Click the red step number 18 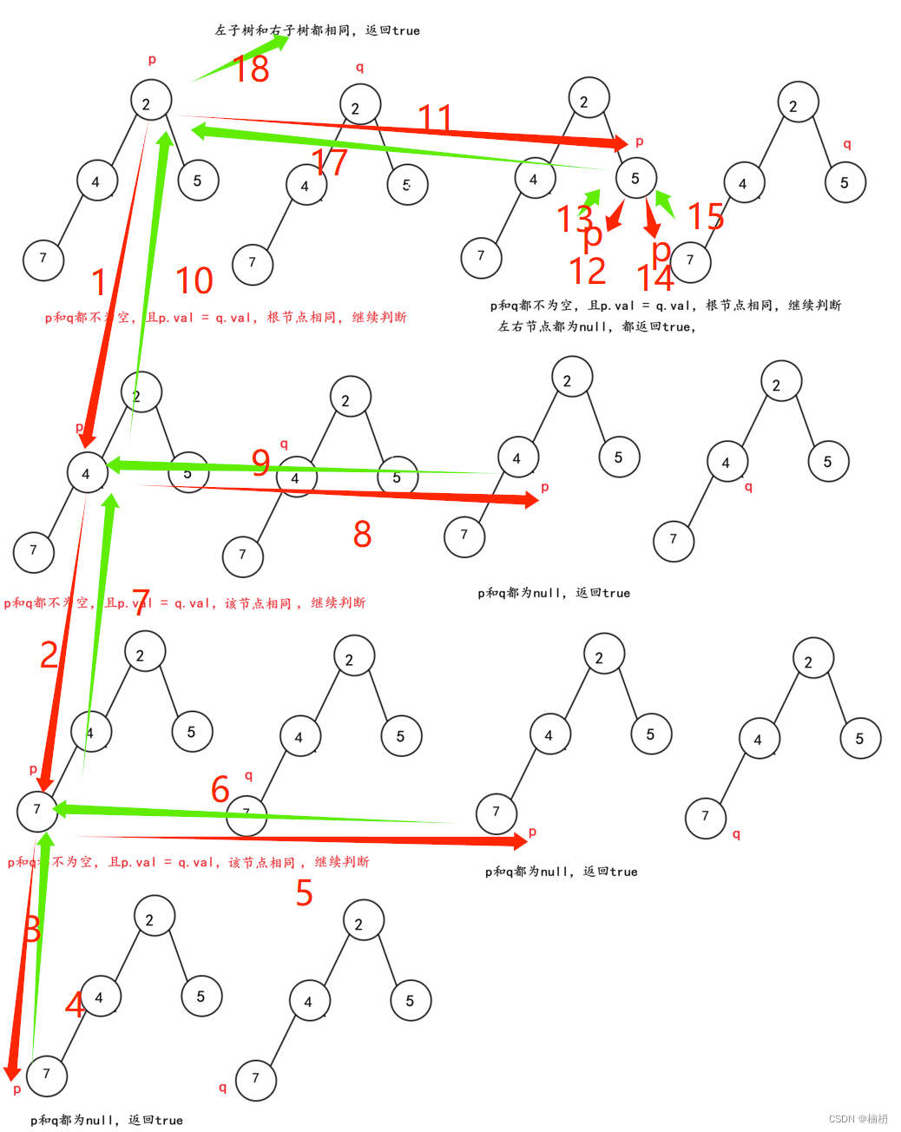pyautogui.click(x=252, y=69)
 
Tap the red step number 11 pyautogui.click(x=435, y=118)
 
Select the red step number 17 pyautogui.click(x=330, y=162)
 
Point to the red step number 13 pyautogui.click(x=574, y=219)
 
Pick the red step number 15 pyautogui.click(x=706, y=217)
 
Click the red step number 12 pyautogui.click(x=588, y=272)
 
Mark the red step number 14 pyautogui.click(x=655, y=279)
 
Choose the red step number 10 pyautogui.click(x=194, y=281)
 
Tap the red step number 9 pyautogui.click(x=260, y=463)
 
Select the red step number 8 pyautogui.click(x=363, y=535)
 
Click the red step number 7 pyautogui.click(x=141, y=602)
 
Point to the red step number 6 pyautogui.click(x=220, y=790)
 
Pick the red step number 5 pyautogui.click(x=304, y=893)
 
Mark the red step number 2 pyautogui.click(x=49, y=655)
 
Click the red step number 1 pyautogui.click(x=99, y=283)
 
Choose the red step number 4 pyautogui.click(x=75, y=1005)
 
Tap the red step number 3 pyautogui.click(x=33, y=930)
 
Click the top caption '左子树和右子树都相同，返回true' pyautogui.click(x=318, y=30)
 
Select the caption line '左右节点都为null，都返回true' pyautogui.click(x=597, y=327)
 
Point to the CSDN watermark pyautogui.click(x=858, y=1119)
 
